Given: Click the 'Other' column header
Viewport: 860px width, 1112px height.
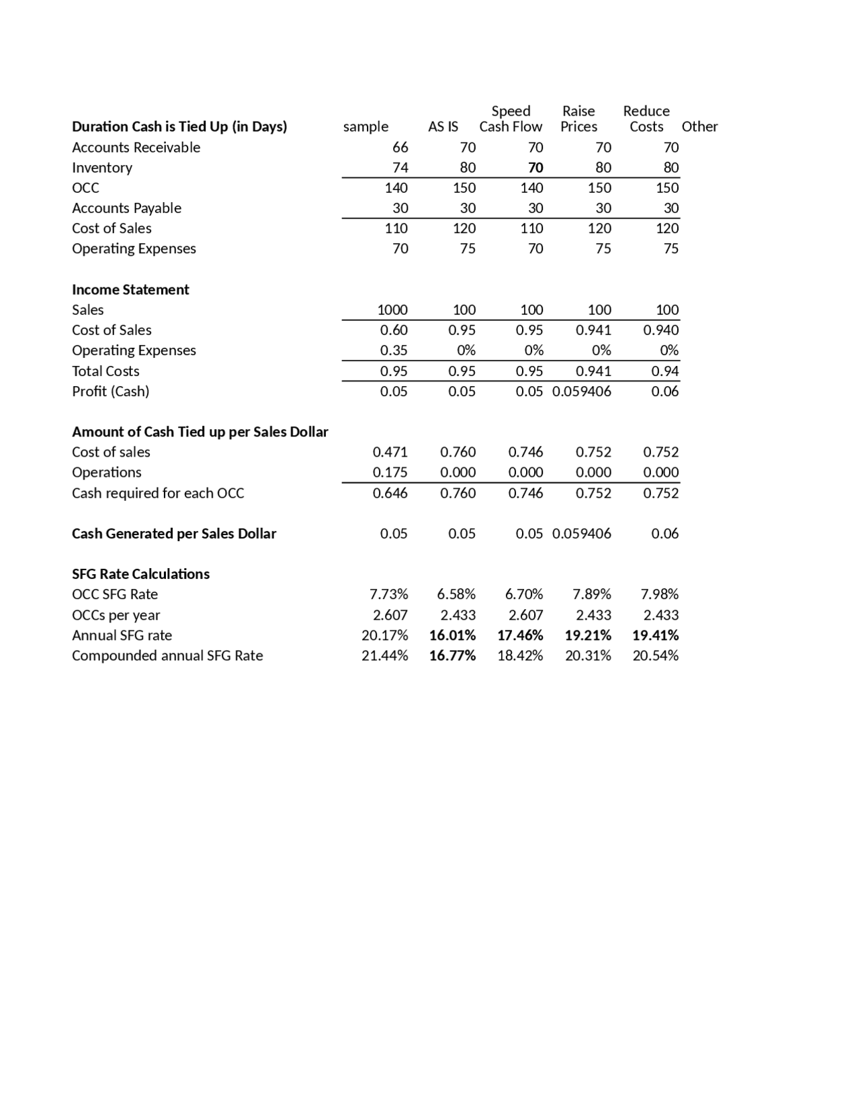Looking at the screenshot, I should [699, 127].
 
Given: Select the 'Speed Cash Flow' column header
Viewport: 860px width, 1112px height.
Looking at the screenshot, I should [511, 119].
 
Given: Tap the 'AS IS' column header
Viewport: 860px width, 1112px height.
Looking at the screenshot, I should [443, 127].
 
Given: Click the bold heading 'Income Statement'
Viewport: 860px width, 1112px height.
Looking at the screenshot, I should [130, 289].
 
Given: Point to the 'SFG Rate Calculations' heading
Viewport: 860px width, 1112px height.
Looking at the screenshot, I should [140, 574].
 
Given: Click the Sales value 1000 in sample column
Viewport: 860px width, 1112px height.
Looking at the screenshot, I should [392, 310].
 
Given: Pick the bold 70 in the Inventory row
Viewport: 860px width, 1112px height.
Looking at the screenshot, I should [535, 168].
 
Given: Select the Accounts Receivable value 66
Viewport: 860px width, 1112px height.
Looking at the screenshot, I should [400, 148].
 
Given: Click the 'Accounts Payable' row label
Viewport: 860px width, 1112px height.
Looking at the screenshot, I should [126, 208].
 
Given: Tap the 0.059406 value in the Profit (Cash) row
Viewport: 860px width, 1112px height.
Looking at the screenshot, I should [582, 391].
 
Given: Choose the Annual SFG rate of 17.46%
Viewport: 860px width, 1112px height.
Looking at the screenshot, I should [520, 635].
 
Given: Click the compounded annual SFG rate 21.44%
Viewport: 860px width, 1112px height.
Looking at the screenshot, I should [384, 656].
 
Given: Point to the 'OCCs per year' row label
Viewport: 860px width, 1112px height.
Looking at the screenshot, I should [116, 615].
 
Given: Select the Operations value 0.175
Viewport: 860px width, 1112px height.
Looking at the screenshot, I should [390, 473].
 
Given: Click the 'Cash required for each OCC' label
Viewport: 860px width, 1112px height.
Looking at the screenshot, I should [158, 494].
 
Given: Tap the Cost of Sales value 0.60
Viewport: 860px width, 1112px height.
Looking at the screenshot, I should [394, 330].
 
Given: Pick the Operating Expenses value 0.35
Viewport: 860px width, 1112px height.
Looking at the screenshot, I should [394, 351].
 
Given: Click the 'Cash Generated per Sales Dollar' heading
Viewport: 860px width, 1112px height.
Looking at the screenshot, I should [174, 534].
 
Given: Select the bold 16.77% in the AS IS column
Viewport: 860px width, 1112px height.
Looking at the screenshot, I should [452, 656].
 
